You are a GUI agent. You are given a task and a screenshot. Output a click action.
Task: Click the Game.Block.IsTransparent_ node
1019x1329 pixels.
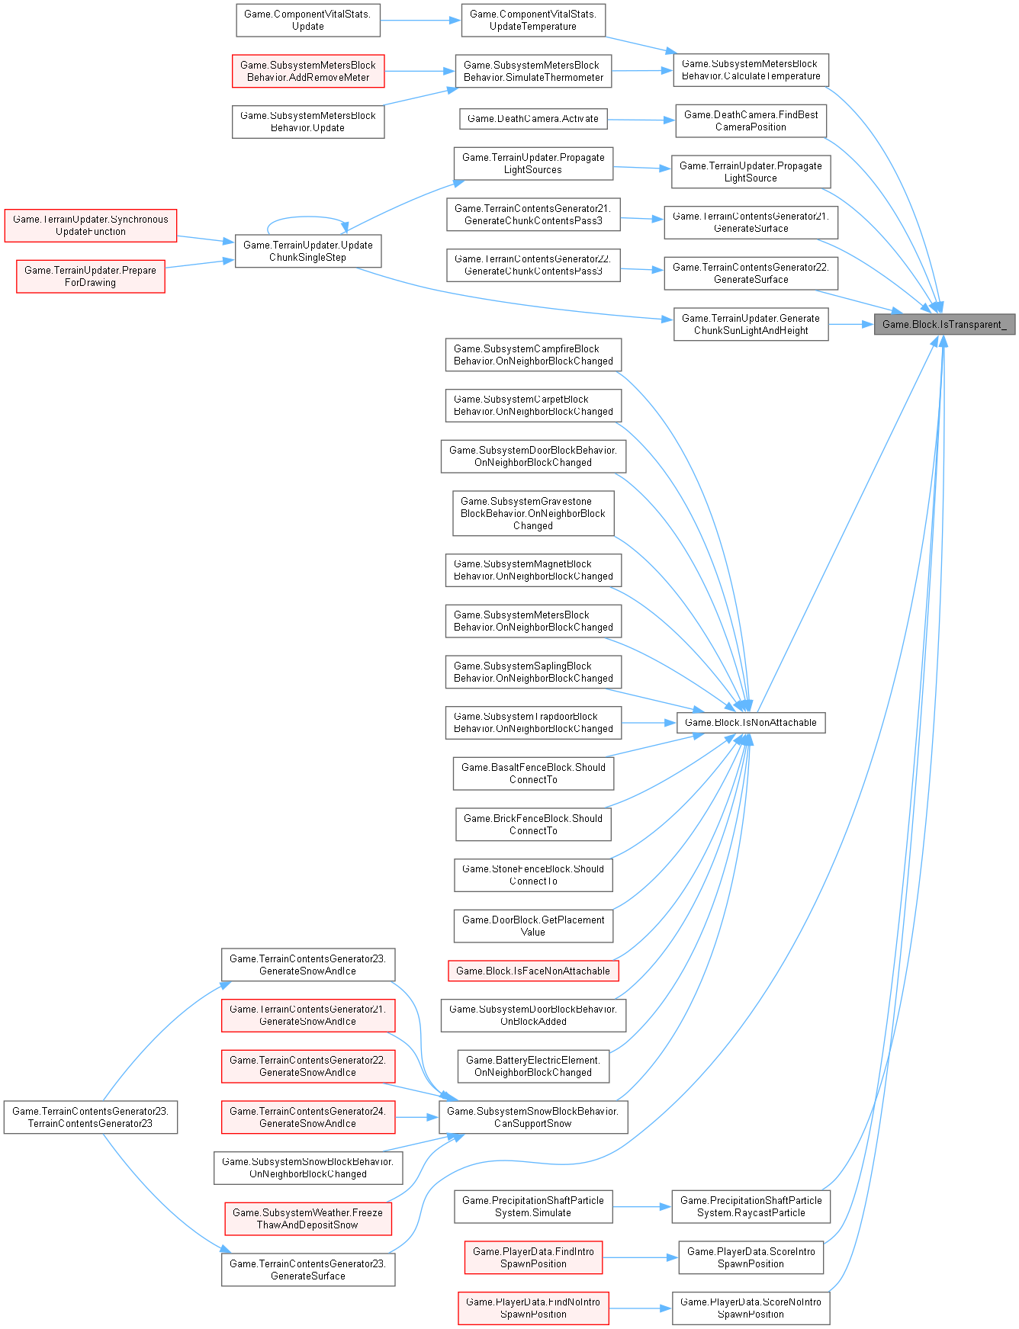coord(944,324)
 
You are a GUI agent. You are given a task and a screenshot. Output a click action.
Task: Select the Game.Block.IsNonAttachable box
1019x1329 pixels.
coord(751,722)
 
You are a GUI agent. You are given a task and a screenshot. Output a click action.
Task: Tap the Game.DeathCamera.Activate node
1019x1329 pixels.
coord(533,118)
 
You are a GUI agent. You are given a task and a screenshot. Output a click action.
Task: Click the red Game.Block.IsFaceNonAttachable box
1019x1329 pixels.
coord(533,971)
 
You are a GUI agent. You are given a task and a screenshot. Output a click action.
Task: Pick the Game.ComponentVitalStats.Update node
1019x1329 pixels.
coord(307,20)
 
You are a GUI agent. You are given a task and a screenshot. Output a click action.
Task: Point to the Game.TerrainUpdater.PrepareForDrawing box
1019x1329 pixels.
coord(90,276)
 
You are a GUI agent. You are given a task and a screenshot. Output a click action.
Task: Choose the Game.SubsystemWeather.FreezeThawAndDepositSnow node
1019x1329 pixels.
coord(307,1218)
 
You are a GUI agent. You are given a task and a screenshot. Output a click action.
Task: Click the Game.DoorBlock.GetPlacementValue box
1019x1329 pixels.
coord(533,926)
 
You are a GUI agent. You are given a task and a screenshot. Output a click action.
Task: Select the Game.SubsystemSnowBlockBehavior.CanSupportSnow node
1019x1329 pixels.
coord(533,1117)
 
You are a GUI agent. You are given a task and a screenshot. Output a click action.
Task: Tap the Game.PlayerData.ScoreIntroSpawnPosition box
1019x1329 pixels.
coord(751,1257)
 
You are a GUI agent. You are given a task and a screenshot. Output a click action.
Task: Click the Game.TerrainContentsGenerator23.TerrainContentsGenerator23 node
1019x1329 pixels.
coord(90,1117)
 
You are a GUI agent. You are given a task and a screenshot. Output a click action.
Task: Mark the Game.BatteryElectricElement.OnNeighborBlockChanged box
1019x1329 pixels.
coord(533,1066)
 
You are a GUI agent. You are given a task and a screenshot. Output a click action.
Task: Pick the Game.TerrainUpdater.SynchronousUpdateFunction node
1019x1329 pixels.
coord(90,225)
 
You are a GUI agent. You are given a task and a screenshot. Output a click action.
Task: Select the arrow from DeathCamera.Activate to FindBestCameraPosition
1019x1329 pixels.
coord(641,120)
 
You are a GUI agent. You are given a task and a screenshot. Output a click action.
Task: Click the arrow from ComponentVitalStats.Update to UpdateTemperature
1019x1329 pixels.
coord(420,21)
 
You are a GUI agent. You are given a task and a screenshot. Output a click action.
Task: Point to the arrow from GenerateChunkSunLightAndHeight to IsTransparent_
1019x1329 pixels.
coord(850,324)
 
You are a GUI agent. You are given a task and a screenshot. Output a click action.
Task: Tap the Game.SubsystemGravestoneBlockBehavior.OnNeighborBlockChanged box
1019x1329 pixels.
coord(533,513)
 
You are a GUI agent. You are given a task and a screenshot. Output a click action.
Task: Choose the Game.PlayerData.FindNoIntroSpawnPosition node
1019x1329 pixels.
coord(533,1308)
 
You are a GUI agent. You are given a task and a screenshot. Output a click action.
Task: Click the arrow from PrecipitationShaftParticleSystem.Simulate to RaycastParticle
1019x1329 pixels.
coord(641,1206)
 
